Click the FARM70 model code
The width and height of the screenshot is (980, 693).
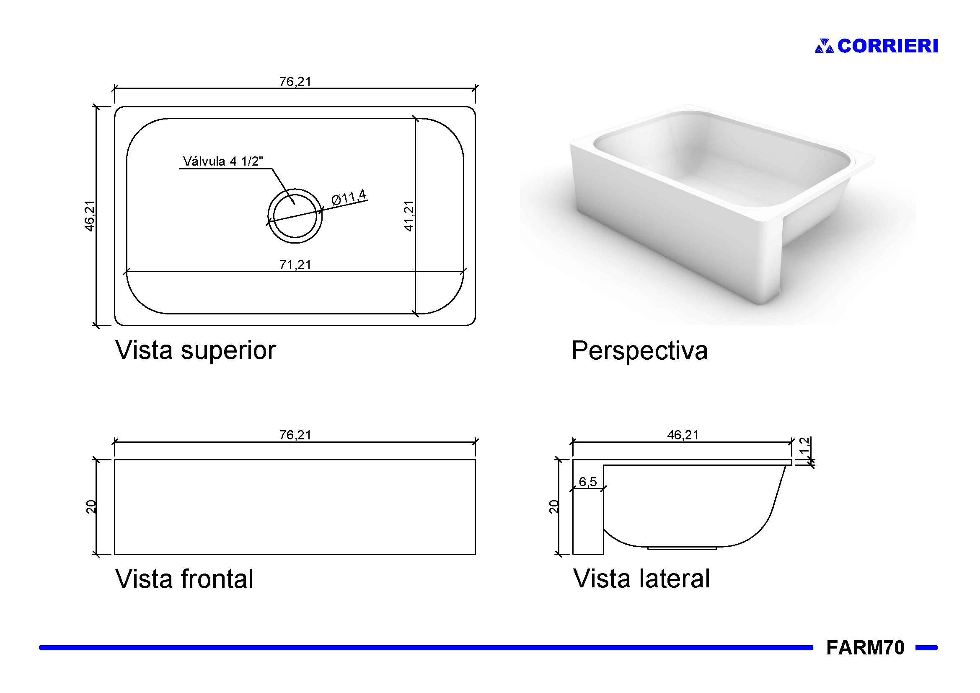tap(865, 647)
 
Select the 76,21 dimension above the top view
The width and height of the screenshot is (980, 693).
tap(295, 81)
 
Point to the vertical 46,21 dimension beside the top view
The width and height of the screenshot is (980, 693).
tap(89, 215)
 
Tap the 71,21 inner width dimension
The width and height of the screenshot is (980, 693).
tap(295, 265)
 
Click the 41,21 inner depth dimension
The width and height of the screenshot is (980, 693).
tap(409, 215)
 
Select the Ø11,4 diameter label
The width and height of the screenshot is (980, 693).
tap(349, 197)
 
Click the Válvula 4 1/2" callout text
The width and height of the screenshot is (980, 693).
tap(223, 161)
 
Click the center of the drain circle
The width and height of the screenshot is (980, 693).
tap(295, 216)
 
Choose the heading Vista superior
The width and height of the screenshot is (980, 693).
tap(196, 350)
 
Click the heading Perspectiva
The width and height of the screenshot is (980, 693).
tap(639, 351)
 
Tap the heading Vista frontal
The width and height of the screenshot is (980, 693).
tap(184, 579)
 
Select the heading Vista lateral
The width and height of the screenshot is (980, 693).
tap(641, 579)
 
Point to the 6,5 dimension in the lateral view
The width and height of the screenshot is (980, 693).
tap(587, 482)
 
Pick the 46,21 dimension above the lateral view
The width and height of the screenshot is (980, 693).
tap(683, 435)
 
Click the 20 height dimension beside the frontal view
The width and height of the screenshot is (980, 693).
tap(91, 506)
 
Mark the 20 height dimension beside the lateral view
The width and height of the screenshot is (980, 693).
tap(553, 506)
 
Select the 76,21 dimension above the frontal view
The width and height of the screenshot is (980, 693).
tap(295, 435)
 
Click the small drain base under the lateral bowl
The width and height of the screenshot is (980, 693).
tap(682, 548)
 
